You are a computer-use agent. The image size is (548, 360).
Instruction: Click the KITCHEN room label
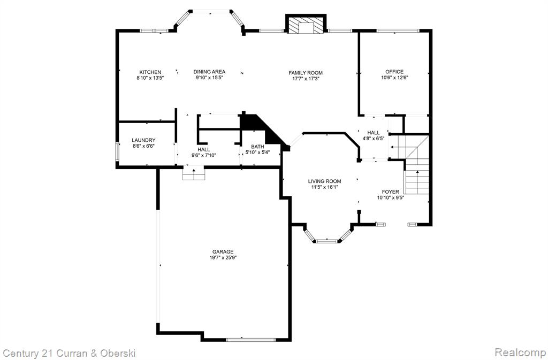(150, 72)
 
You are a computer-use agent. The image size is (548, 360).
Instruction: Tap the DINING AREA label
(209, 72)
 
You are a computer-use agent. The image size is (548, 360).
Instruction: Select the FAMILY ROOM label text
(306, 73)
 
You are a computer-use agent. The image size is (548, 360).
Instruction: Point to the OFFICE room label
(394, 72)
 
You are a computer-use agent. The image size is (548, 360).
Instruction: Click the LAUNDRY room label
(143, 140)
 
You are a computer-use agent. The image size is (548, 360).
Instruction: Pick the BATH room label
(257, 147)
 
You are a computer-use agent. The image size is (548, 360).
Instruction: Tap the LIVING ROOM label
(325, 181)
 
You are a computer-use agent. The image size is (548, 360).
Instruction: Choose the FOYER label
(390, 192)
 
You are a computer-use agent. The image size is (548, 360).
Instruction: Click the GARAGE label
(223, 252)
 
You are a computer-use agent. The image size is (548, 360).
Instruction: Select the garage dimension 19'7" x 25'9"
(223, 258)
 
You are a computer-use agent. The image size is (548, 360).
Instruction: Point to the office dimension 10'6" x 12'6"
(394, 78)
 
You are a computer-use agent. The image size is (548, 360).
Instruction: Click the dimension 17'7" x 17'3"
(306, 79)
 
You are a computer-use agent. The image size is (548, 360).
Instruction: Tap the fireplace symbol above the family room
(306, 25)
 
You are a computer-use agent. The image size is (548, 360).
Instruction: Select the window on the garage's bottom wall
(250, 339)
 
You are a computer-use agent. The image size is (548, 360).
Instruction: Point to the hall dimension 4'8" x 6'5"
(373, 138)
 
